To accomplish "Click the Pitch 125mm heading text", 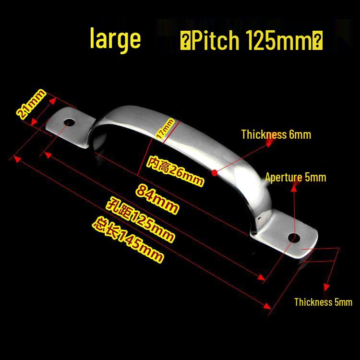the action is [252, 40].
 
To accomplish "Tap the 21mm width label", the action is [31, 104].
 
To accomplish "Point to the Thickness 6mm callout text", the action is [276, 134].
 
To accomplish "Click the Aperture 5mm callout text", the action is [296, 178].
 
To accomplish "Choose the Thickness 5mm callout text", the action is [323, 302].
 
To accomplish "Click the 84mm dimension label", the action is [157, 199].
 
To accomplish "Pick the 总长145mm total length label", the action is [128, 240].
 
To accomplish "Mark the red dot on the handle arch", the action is [215, 173].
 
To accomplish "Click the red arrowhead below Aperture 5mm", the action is [294, 188].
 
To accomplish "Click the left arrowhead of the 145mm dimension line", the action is [17, 158].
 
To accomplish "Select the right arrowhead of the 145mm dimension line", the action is [267, 306].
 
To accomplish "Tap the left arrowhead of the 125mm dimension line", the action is [48, 155].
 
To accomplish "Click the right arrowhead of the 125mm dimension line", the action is [262, 277].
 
